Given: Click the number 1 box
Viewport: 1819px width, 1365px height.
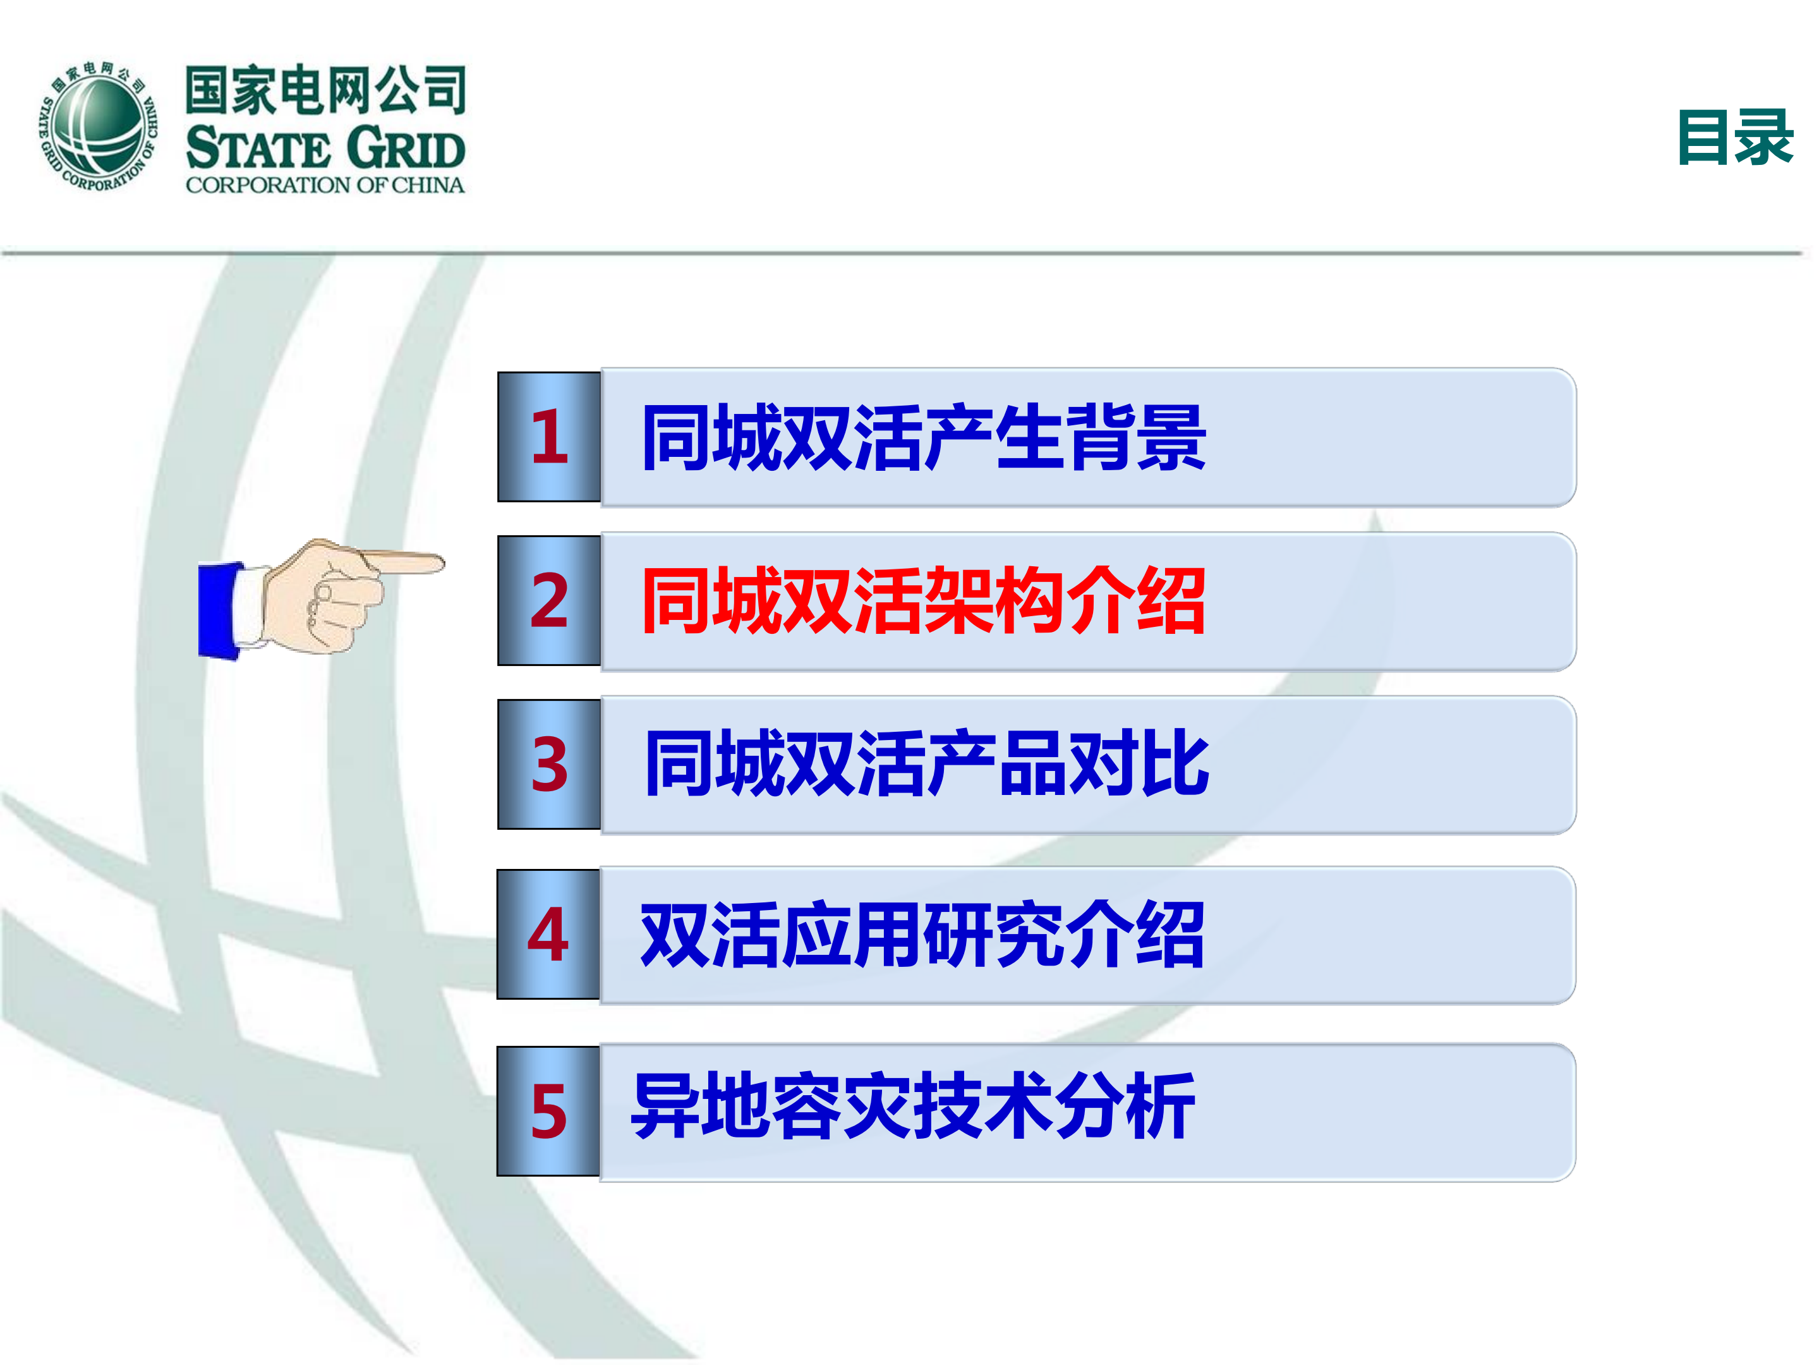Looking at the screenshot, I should pyautogui.click(x=549, y=437).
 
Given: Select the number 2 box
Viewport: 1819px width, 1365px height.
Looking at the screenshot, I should pyautogui.click(x=549, y=600).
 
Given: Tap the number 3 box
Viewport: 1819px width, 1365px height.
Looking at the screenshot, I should pyautogui.click(x=549, y=764).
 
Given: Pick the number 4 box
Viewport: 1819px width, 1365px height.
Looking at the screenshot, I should pyautogui.click(x=548, y=934).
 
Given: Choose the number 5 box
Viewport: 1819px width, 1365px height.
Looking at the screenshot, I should pyautogui.click(x=548, y=1111).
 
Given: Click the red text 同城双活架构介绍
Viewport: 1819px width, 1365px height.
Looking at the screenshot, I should pyautogui.click(x=922, y=601).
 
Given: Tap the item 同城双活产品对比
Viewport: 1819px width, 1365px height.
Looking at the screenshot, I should pyautogui.click(x=926, y=764).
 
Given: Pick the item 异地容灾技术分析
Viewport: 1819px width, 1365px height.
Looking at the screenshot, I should pyautogui.click(x=913, y=1107).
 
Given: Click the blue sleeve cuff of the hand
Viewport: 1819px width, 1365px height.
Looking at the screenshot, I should pyautogui.click(x=219, y=609).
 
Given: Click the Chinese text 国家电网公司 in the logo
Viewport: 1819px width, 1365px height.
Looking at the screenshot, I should pyautogui.click(x=325, y=90).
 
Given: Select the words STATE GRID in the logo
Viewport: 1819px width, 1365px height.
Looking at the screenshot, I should pyautogui.click(x=325, y=149).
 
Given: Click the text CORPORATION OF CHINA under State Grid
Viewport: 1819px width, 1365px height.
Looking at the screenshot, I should pyautogui.click(x=325, y=185).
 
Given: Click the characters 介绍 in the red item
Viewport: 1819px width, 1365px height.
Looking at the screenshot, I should pyautogui.click(x=1135, y=601).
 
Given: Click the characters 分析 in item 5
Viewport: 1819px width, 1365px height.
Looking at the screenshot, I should pyautogui.click(x=1125, y=1107).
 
